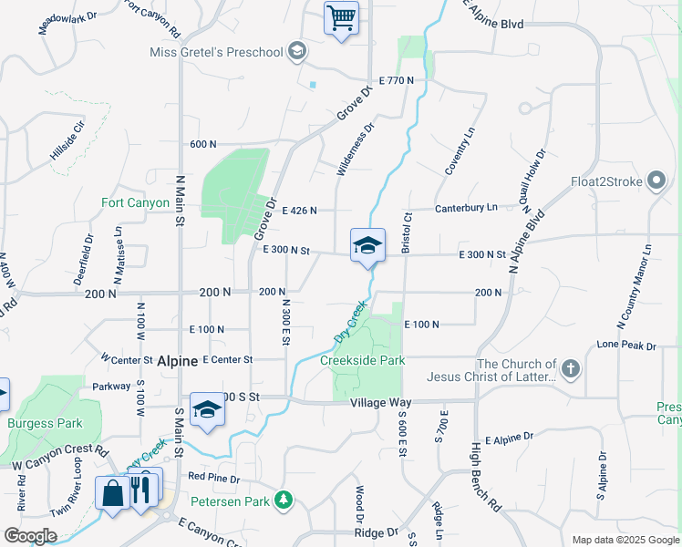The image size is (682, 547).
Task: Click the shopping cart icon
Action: (x=341, y=17)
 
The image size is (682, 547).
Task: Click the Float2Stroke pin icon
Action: (x=656, y=181)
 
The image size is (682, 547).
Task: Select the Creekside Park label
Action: (x=362, y=360)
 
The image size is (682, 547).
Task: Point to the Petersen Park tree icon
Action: (x=284, y=500)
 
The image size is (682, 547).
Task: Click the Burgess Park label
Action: (x=45, y=423)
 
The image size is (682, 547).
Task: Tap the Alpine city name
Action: (x=177, y=361)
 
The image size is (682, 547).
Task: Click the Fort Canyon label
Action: (x=135, y=202)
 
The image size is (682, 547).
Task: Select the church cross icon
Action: (x=570, y=369)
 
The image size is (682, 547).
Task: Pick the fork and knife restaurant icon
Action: (x=140, y=489)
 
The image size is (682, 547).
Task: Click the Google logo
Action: (x=30, y=535)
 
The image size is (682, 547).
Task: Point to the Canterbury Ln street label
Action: (x=466, y=208)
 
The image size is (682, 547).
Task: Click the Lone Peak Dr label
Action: (x=626, y=346)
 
